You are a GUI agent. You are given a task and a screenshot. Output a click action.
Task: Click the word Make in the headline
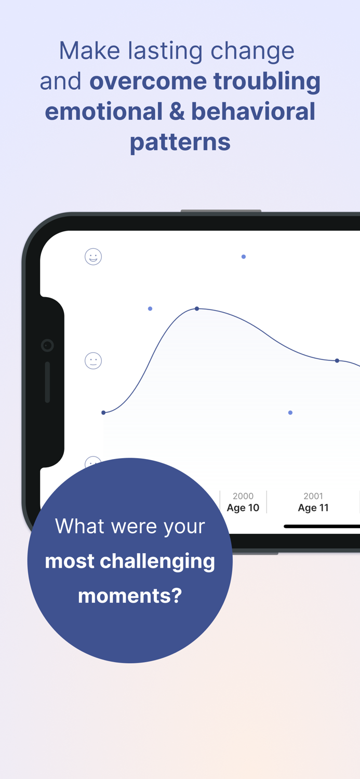coord(90,51)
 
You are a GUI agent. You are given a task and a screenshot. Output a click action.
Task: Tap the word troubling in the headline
coord(267,81)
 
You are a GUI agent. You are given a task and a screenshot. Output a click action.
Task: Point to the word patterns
coord(180,143)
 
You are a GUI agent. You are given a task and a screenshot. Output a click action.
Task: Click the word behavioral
coord(253,112)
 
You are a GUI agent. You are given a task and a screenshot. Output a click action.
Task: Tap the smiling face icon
coord(93,257)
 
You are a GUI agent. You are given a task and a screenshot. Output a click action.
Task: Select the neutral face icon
coord(93,360)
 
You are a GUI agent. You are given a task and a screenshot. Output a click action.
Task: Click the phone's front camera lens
coord(47,345)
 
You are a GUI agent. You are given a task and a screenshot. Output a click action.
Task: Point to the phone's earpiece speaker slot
coord(47,382)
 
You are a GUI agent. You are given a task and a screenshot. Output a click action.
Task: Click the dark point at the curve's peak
coord(197,308)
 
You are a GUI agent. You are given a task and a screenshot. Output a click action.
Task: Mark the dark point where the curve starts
coord(103,412)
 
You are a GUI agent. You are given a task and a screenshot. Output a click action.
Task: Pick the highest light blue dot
coord(244,257)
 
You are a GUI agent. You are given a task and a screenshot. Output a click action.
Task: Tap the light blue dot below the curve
coord(290,412)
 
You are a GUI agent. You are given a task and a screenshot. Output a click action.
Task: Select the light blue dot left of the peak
coord(150,308)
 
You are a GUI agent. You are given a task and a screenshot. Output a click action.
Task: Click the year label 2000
coord(243,496)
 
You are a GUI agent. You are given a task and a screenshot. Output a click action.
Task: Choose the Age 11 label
coord(313,508)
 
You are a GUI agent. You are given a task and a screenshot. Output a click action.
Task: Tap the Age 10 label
coord(243,508)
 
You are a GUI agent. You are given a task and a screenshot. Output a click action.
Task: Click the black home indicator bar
coord(322,526)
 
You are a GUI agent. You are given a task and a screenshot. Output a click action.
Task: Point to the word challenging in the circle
coord(157,561)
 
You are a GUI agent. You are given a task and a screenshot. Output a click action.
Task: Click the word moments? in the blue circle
coord(130,595)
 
